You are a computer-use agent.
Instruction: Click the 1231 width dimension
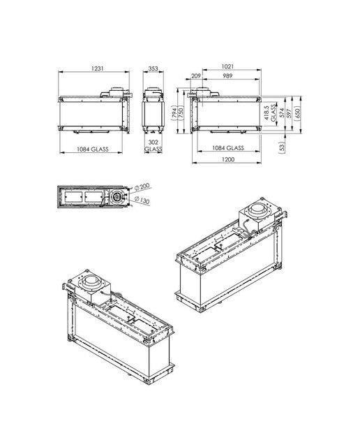pyautogui.click(x=97, y=68)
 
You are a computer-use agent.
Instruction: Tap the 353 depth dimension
pyautogui.click(x=153, y=68)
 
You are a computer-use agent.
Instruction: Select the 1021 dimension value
pyautogui.click(x=227, y=66)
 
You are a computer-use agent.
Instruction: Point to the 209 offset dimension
pyautogui.click(x=196, y=76)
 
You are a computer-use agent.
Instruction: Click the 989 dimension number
pyautogui.click(x=227, y=76)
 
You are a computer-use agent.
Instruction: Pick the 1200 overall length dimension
pyautogui.click(x=228, y=159)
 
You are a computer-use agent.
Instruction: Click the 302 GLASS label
pyautogui.click(x=153, y=145)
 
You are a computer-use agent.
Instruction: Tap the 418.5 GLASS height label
pyautogui.click(x=270, y=113)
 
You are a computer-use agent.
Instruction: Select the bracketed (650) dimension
pyautogui.click(x=298, y=114)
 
